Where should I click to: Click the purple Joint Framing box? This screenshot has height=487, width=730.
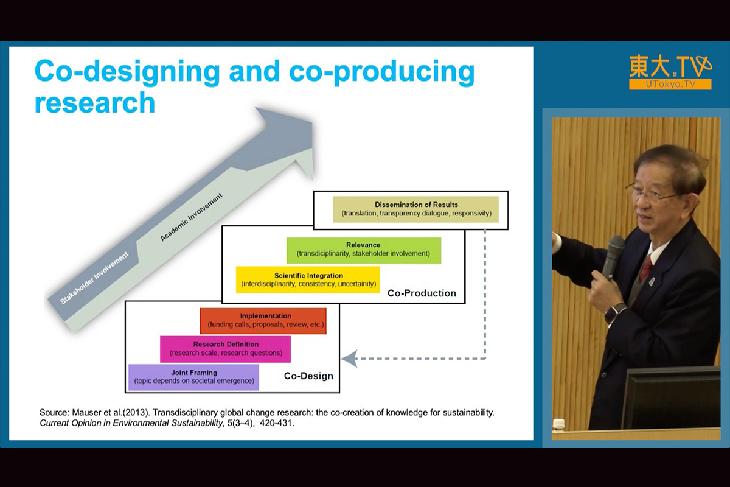[x=193, y=377]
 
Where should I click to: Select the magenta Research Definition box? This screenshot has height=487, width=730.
[x=225, y=349]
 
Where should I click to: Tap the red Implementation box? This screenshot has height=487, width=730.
[x=263, y=321]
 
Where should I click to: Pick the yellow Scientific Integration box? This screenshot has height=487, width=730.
[x=308, y=279]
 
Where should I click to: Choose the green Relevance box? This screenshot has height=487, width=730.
[x=364, y=250]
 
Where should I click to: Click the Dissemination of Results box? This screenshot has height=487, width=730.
[x=416, y=209]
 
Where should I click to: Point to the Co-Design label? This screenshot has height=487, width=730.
[x=308, y=376]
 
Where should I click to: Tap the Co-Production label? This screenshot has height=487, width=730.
[x=422, y=293]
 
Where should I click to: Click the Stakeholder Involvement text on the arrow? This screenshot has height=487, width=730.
[x=94, y=278]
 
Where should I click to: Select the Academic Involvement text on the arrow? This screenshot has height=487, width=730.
[x=191, y=217]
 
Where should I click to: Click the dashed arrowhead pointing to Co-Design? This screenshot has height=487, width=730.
[x=349, y=359]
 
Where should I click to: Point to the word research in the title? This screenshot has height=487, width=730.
[x=95, y=102]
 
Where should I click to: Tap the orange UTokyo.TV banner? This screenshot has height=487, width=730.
[x=670, y=85]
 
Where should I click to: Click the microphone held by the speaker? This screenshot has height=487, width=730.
[x=613, y=258]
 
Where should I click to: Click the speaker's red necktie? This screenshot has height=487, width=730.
[x=646, y=267]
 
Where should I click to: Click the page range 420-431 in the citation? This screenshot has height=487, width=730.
[x=277, y=423]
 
